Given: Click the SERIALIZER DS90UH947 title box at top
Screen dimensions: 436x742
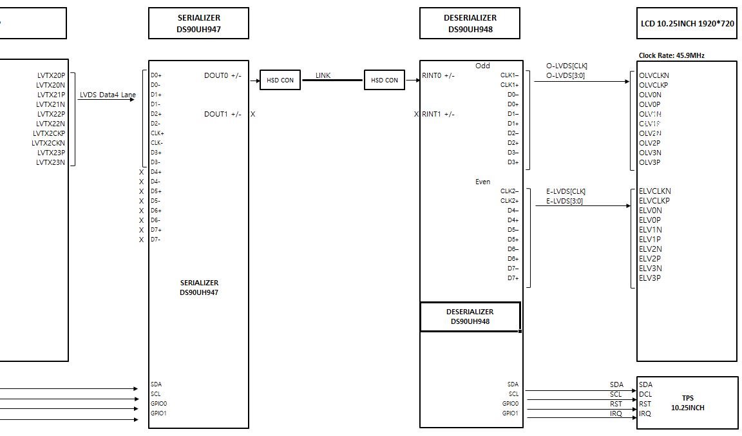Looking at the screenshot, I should pos(198,23).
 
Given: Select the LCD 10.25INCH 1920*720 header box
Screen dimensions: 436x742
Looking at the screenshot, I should pos(687,24).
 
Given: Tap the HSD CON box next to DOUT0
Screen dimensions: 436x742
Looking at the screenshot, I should pos(280,80).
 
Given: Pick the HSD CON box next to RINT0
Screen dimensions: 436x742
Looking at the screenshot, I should pos(385,80).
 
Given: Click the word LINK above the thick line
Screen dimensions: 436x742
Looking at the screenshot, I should pos(323,75).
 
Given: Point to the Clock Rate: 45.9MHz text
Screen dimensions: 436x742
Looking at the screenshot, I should pos(671,55).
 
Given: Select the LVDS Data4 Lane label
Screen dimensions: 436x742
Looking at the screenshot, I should pos(108,95).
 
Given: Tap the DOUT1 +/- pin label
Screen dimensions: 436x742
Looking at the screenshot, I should pos(223,114).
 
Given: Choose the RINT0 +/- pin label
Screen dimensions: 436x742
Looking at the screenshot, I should pos(438,75).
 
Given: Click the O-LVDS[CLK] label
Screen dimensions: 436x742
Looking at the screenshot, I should pos(566,66).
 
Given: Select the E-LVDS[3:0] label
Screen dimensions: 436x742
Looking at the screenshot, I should pos(564,201).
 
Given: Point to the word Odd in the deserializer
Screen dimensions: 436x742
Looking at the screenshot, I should pos(482,66).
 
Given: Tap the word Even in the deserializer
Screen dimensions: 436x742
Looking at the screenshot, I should pos(482,182).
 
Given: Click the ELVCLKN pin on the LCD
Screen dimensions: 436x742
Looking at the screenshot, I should pos(654,191).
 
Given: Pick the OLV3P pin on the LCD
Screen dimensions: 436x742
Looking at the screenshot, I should pos(649,162).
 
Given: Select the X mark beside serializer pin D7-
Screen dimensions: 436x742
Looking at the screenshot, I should pos(142,240).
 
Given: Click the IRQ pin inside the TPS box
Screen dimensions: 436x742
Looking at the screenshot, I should pos(645,413).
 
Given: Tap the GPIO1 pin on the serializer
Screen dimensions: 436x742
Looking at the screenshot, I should pos(158,413).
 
